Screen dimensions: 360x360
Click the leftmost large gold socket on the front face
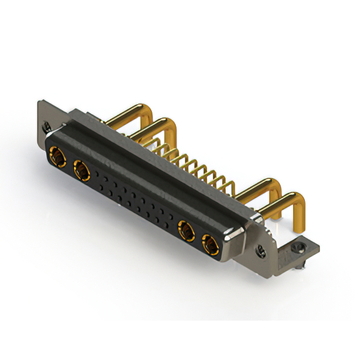(x=56, y=154)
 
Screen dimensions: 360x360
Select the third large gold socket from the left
(x=185, y=229)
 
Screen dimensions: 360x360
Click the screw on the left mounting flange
(x=47, y=128)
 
